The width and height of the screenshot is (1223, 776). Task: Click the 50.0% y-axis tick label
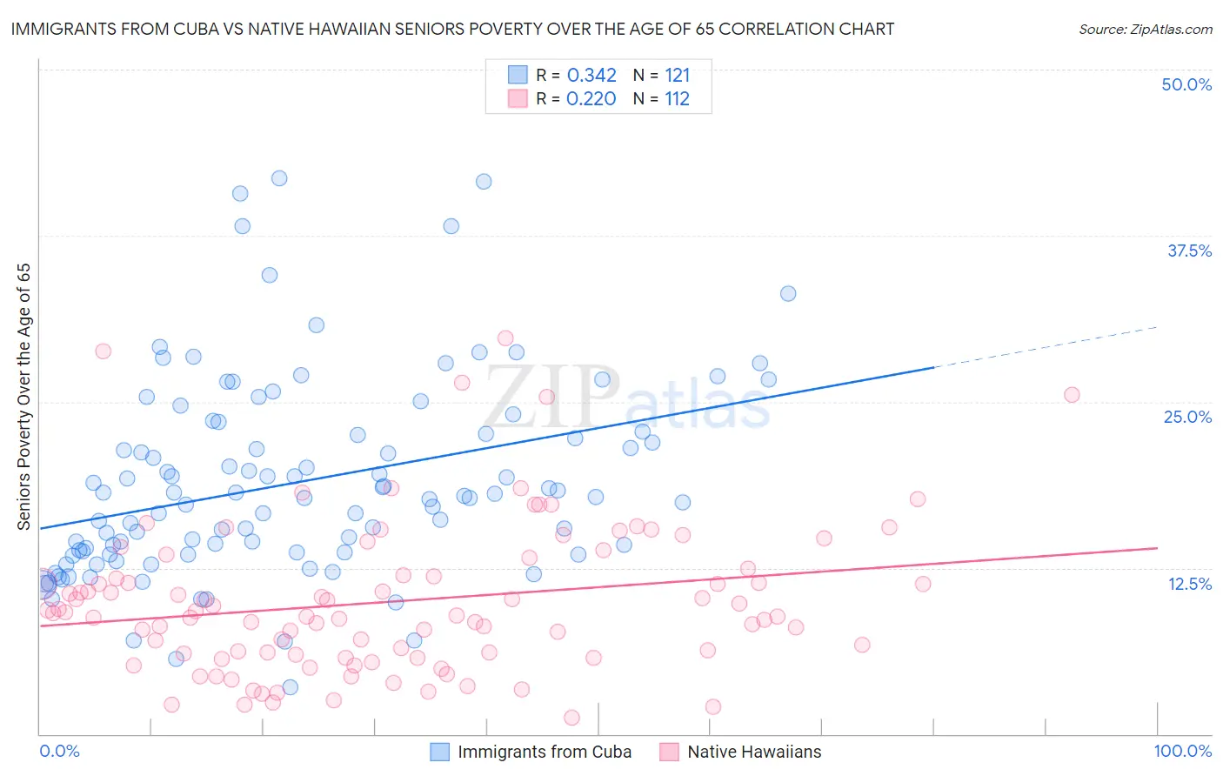[1186, 84]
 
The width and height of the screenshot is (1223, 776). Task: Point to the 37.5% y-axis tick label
[1189, 251]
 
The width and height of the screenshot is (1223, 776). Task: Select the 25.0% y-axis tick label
[1187, 417]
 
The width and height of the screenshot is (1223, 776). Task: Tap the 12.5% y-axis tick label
[1189, 584]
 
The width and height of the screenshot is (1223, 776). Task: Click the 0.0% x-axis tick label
[59, 751]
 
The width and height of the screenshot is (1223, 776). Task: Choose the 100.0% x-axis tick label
[1182, 751]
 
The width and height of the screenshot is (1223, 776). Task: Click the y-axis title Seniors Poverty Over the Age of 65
[24, 396]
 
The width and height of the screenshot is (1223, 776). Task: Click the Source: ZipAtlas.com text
[1145, 29]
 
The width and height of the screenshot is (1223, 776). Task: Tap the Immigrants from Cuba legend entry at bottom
[544, 752]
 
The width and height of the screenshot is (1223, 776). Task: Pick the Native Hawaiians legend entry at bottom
[753, 752]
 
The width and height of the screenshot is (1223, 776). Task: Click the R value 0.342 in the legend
[591, 76]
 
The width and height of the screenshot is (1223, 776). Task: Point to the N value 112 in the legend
[677, 99]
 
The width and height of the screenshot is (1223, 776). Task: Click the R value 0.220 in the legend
[591, 99]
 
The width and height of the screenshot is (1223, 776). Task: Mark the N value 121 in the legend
[677, 76]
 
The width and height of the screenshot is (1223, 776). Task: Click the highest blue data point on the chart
[279, 178]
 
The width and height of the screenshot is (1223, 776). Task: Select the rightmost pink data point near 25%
[1072, 395]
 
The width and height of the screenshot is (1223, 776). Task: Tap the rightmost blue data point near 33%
[788, 293]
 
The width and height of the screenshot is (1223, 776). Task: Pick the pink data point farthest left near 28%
[103, 351]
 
